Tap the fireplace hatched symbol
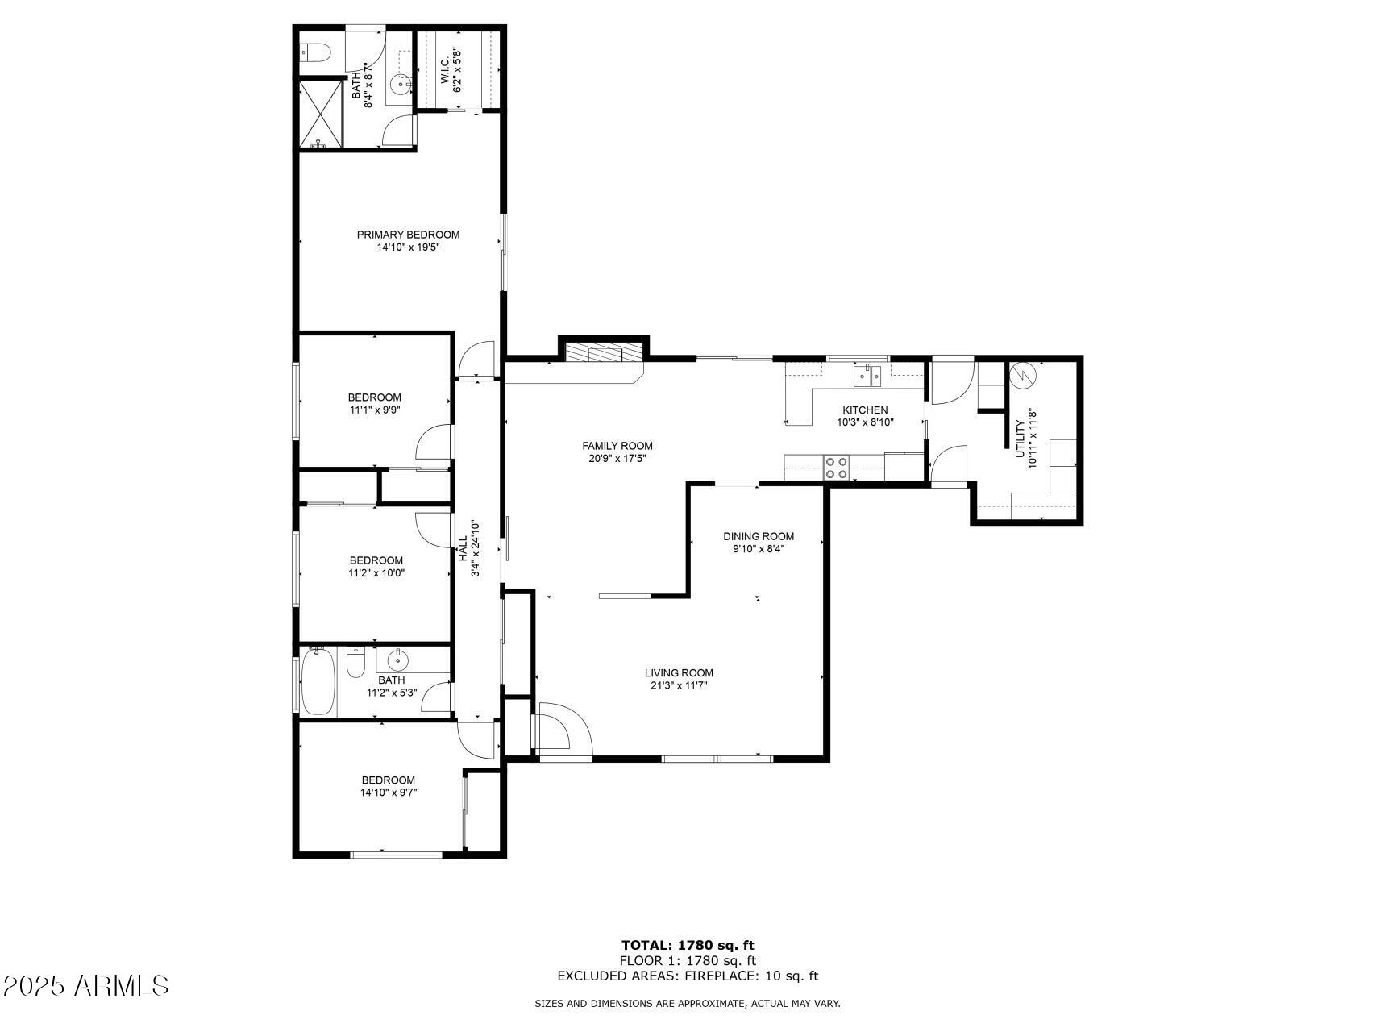(605, 353)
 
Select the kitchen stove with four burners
(837, 468)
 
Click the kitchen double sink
(868, 375)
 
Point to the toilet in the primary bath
(316, 53)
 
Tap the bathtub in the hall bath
(318, 684)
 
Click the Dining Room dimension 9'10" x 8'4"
(758, 549)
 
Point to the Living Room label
(679, 673)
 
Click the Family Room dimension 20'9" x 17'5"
(617, 459)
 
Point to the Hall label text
(464, 549)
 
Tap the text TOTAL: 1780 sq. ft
(688, 945)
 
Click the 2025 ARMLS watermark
(85, 985)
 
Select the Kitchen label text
(865, 410)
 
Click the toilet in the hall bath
(355, 664)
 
